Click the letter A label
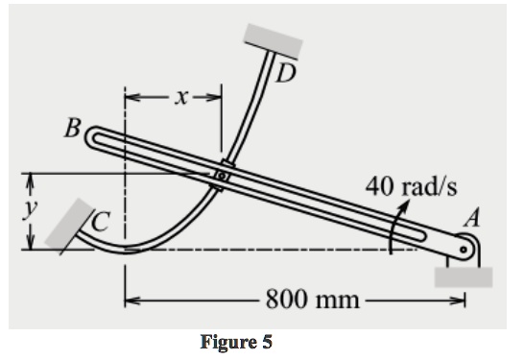click(x=470, y=219)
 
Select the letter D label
click(x=285, y=73)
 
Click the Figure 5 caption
click(x=236, y=342)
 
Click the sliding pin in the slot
click(x=222, y=176)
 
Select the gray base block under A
click(x=464, y=277)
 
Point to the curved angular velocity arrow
click(x=394, y=230)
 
